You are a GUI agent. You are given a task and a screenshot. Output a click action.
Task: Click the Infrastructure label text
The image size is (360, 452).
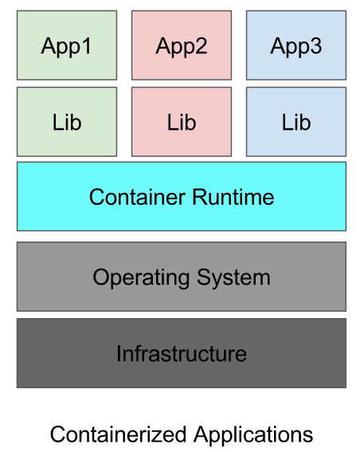coord(182,353)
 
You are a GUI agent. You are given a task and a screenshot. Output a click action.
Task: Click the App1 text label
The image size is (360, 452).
coord(66,46)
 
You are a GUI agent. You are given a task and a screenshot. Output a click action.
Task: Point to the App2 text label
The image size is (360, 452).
coord(182,46)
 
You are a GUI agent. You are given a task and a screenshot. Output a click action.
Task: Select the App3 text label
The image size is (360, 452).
coord(296,46)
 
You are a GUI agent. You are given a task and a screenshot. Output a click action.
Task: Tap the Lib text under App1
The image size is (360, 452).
coord(66,123)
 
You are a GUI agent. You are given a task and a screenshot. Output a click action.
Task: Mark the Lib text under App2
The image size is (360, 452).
coord(182,123)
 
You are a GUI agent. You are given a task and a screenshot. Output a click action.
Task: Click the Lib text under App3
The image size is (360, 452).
coord(296,123)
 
